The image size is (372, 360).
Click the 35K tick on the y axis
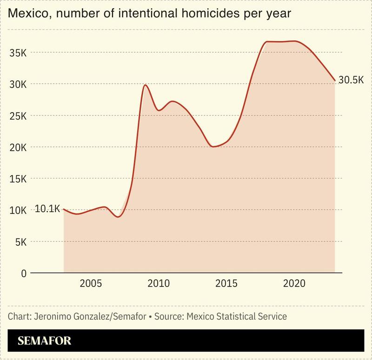tap(18, 53)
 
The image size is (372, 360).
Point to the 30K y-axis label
tap(18, 84)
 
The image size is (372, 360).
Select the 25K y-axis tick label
tap(18, 116)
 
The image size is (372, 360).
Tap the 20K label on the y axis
tap(18, 147)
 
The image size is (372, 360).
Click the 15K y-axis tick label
tap(18, 179)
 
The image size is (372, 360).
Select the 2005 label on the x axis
tap(90, 284)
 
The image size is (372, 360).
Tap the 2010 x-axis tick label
tap(158, 284)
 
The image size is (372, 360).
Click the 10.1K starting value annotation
tap(47, 209)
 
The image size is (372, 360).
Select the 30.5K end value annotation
tap(351, 80)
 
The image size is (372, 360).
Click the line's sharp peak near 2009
tap(145, 85)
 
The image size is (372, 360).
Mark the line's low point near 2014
tap(213, 147)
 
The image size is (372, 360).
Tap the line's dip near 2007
tap(119, 217)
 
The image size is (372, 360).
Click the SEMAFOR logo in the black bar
tap(44, 341)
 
